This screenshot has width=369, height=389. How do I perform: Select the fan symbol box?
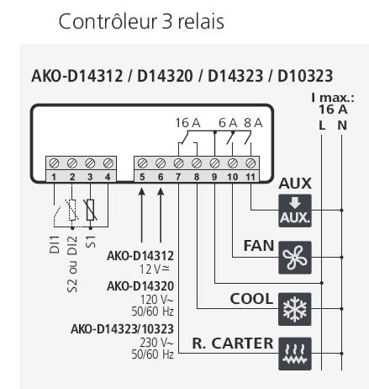coord(294,255)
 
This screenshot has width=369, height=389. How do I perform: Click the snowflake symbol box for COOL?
coord(294,305)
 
